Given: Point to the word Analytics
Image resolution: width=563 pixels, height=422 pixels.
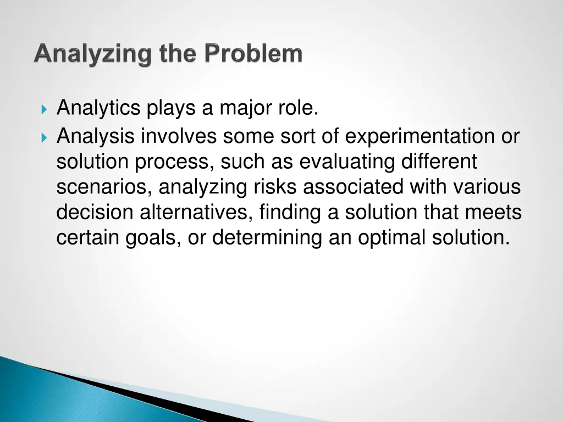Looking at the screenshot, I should [x=98, y=108].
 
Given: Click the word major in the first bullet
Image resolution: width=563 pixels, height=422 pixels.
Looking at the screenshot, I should [x=245, y=108].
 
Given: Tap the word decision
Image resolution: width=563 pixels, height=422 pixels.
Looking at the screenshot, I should [x=95, y=212].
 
